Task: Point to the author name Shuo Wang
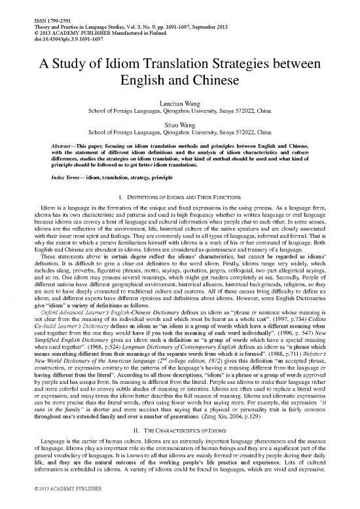pos(179,122)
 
